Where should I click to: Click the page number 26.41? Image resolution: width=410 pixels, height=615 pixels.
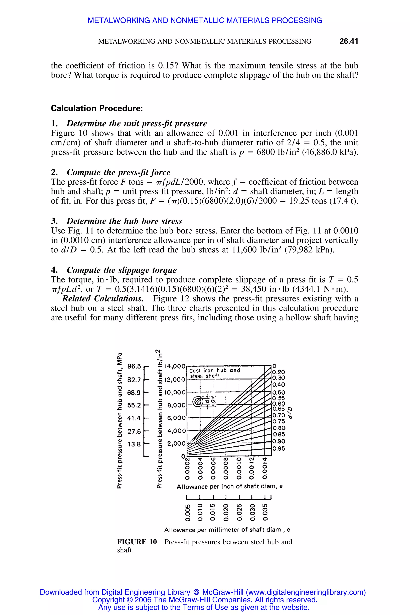point(348,41)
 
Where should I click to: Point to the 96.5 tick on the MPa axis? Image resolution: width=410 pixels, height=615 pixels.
point(134,366)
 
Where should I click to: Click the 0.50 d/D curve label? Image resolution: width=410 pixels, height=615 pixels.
point(278,392)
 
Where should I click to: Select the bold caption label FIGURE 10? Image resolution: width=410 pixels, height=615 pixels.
point(137,542)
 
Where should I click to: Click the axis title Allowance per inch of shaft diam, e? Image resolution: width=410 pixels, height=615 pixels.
point(230,487)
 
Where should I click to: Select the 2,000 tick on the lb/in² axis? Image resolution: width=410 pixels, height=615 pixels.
point(176,443)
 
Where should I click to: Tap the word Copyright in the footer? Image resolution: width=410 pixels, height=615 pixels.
point(109,600)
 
